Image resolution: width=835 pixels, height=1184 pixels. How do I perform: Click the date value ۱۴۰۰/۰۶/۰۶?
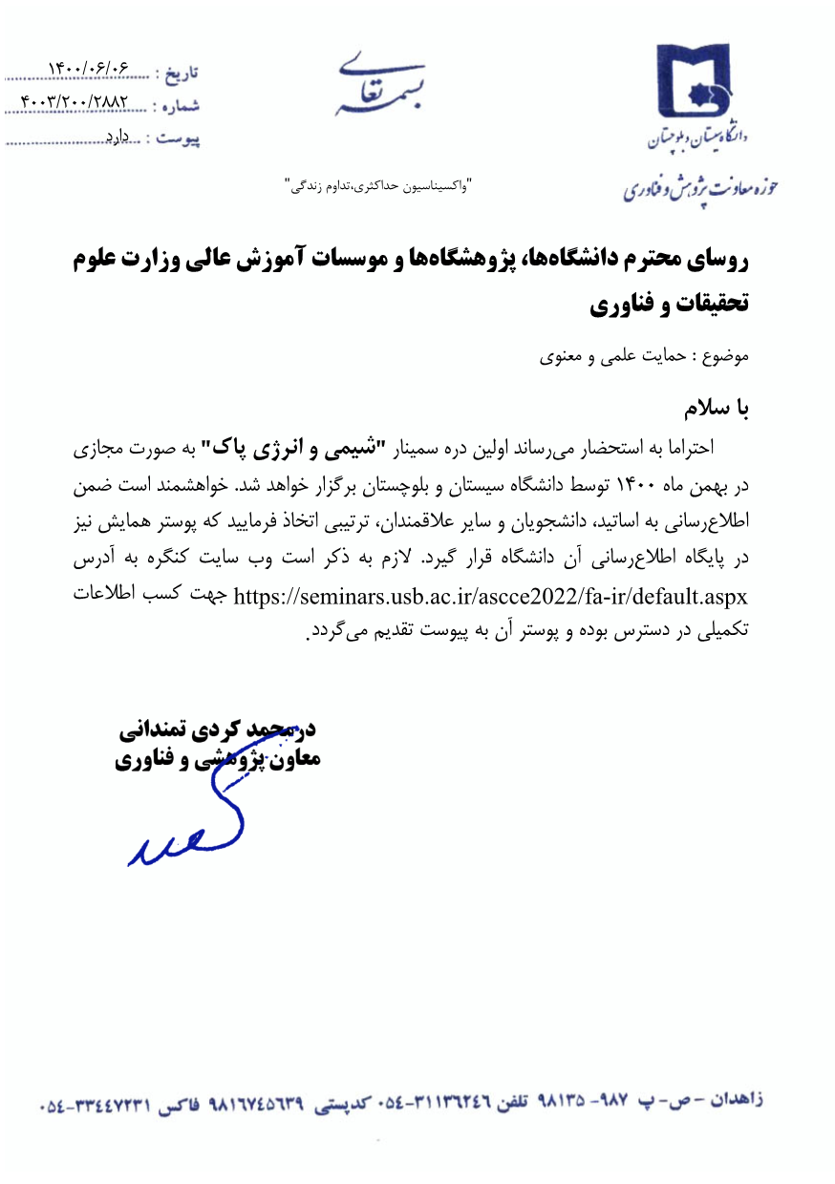[87, 70]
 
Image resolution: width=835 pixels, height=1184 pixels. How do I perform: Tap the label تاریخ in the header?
[179, 72]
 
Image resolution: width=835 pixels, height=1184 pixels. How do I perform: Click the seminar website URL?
[489, 596]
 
